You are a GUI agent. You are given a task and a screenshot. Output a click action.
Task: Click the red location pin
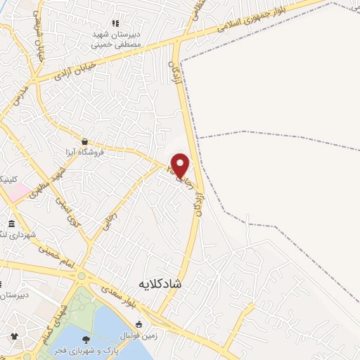click(181, 165)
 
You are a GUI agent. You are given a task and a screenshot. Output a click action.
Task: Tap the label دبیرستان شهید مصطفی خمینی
click(117, 39)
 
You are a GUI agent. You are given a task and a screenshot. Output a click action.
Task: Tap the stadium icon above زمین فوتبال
click(139, 325)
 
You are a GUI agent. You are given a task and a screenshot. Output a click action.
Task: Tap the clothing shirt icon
click(14, 335)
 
